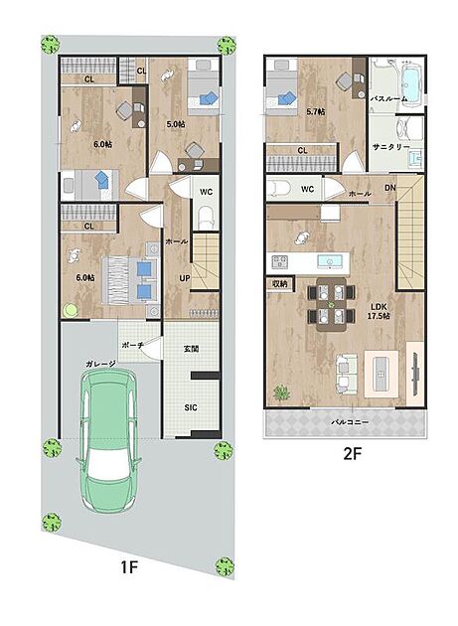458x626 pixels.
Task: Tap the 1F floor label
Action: (129, 567)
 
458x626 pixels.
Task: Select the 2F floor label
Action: (352, 453)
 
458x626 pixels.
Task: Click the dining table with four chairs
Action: (332, 304)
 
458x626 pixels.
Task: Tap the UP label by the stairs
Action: (185, 278)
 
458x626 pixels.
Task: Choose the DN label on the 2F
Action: (390, 187)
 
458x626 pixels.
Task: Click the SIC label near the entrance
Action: (191, 407)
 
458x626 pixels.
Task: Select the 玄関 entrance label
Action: (192, 348)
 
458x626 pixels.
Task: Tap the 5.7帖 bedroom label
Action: (316, 111)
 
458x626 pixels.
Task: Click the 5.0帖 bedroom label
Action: (176, 124)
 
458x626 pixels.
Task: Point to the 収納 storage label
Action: (279, 284)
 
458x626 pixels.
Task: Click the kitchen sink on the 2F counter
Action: (330, 262)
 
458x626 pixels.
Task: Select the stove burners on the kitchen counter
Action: (279, 262)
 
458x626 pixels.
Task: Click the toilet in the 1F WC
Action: (207, 218)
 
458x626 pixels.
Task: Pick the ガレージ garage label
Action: (100, 364)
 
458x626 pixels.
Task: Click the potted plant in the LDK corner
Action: (282, 392)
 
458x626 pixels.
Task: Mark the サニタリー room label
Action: (390, 147)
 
